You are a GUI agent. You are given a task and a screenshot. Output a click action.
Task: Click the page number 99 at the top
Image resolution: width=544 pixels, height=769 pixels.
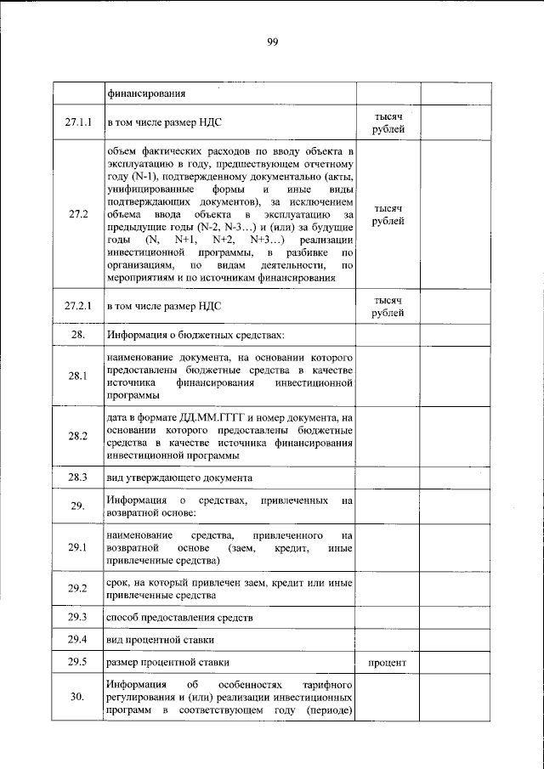pos(272,42)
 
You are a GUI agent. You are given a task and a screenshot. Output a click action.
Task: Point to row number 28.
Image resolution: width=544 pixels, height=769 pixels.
pos(78,336)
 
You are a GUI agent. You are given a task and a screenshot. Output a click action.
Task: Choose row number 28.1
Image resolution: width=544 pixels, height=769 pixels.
pos(78,376)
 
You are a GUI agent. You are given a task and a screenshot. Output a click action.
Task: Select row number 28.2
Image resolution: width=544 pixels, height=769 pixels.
pos(78,436)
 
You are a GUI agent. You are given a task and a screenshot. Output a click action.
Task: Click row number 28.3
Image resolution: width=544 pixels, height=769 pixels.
pos(78,478)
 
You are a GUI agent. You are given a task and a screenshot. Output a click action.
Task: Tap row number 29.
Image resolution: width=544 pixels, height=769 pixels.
pos(78,506)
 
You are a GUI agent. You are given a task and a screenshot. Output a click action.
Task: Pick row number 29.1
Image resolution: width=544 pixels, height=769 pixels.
pos(78,548)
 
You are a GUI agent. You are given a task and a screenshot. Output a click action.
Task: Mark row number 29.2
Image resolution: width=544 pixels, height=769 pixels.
pos(78,589)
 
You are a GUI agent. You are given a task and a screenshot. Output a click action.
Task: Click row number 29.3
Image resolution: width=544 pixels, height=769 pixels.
pos(78,617)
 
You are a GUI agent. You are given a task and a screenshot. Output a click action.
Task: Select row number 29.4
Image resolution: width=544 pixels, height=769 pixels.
pos(78,639)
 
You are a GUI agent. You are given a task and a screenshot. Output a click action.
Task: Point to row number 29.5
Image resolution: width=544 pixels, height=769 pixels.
pos(78,661)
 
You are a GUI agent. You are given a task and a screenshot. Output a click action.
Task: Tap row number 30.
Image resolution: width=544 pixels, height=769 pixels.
pos(78,698)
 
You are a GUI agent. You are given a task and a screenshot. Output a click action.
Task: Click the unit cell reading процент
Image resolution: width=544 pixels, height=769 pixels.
pos(388,662)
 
